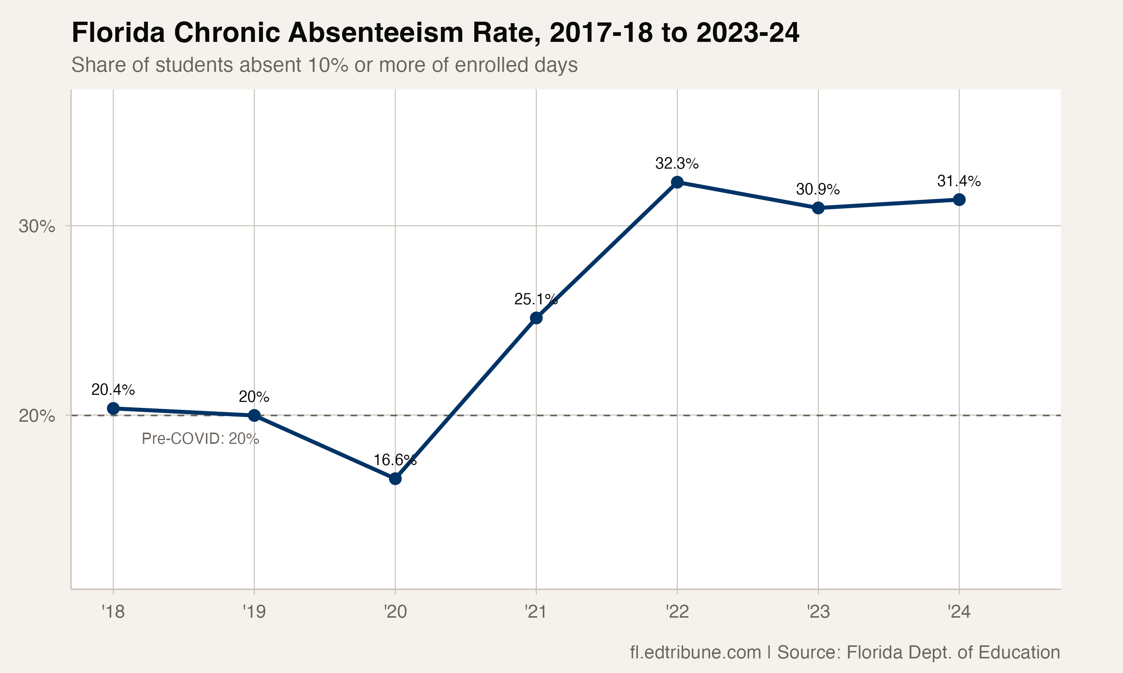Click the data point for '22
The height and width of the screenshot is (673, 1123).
[677, 182]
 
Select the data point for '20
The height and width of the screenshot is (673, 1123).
[395, 479]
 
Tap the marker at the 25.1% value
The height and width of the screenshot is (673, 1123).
[536, 318]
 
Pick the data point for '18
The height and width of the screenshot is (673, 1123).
[113, 408]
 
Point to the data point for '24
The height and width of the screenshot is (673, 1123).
[959, 200]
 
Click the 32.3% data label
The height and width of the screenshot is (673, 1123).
[676, 163]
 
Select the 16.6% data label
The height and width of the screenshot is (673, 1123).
[395, 460]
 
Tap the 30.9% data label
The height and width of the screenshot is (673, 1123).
[818, 189]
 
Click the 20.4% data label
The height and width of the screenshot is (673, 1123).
[113, 390]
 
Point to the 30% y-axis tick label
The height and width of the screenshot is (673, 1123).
[37, 226]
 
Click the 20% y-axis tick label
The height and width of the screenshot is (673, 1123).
[37, 416]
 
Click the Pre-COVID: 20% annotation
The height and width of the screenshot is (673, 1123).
[200, 439]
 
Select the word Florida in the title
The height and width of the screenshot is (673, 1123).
[118, 33]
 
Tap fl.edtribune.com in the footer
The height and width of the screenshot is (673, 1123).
[695, 652]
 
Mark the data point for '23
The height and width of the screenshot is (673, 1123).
[818, 208]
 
